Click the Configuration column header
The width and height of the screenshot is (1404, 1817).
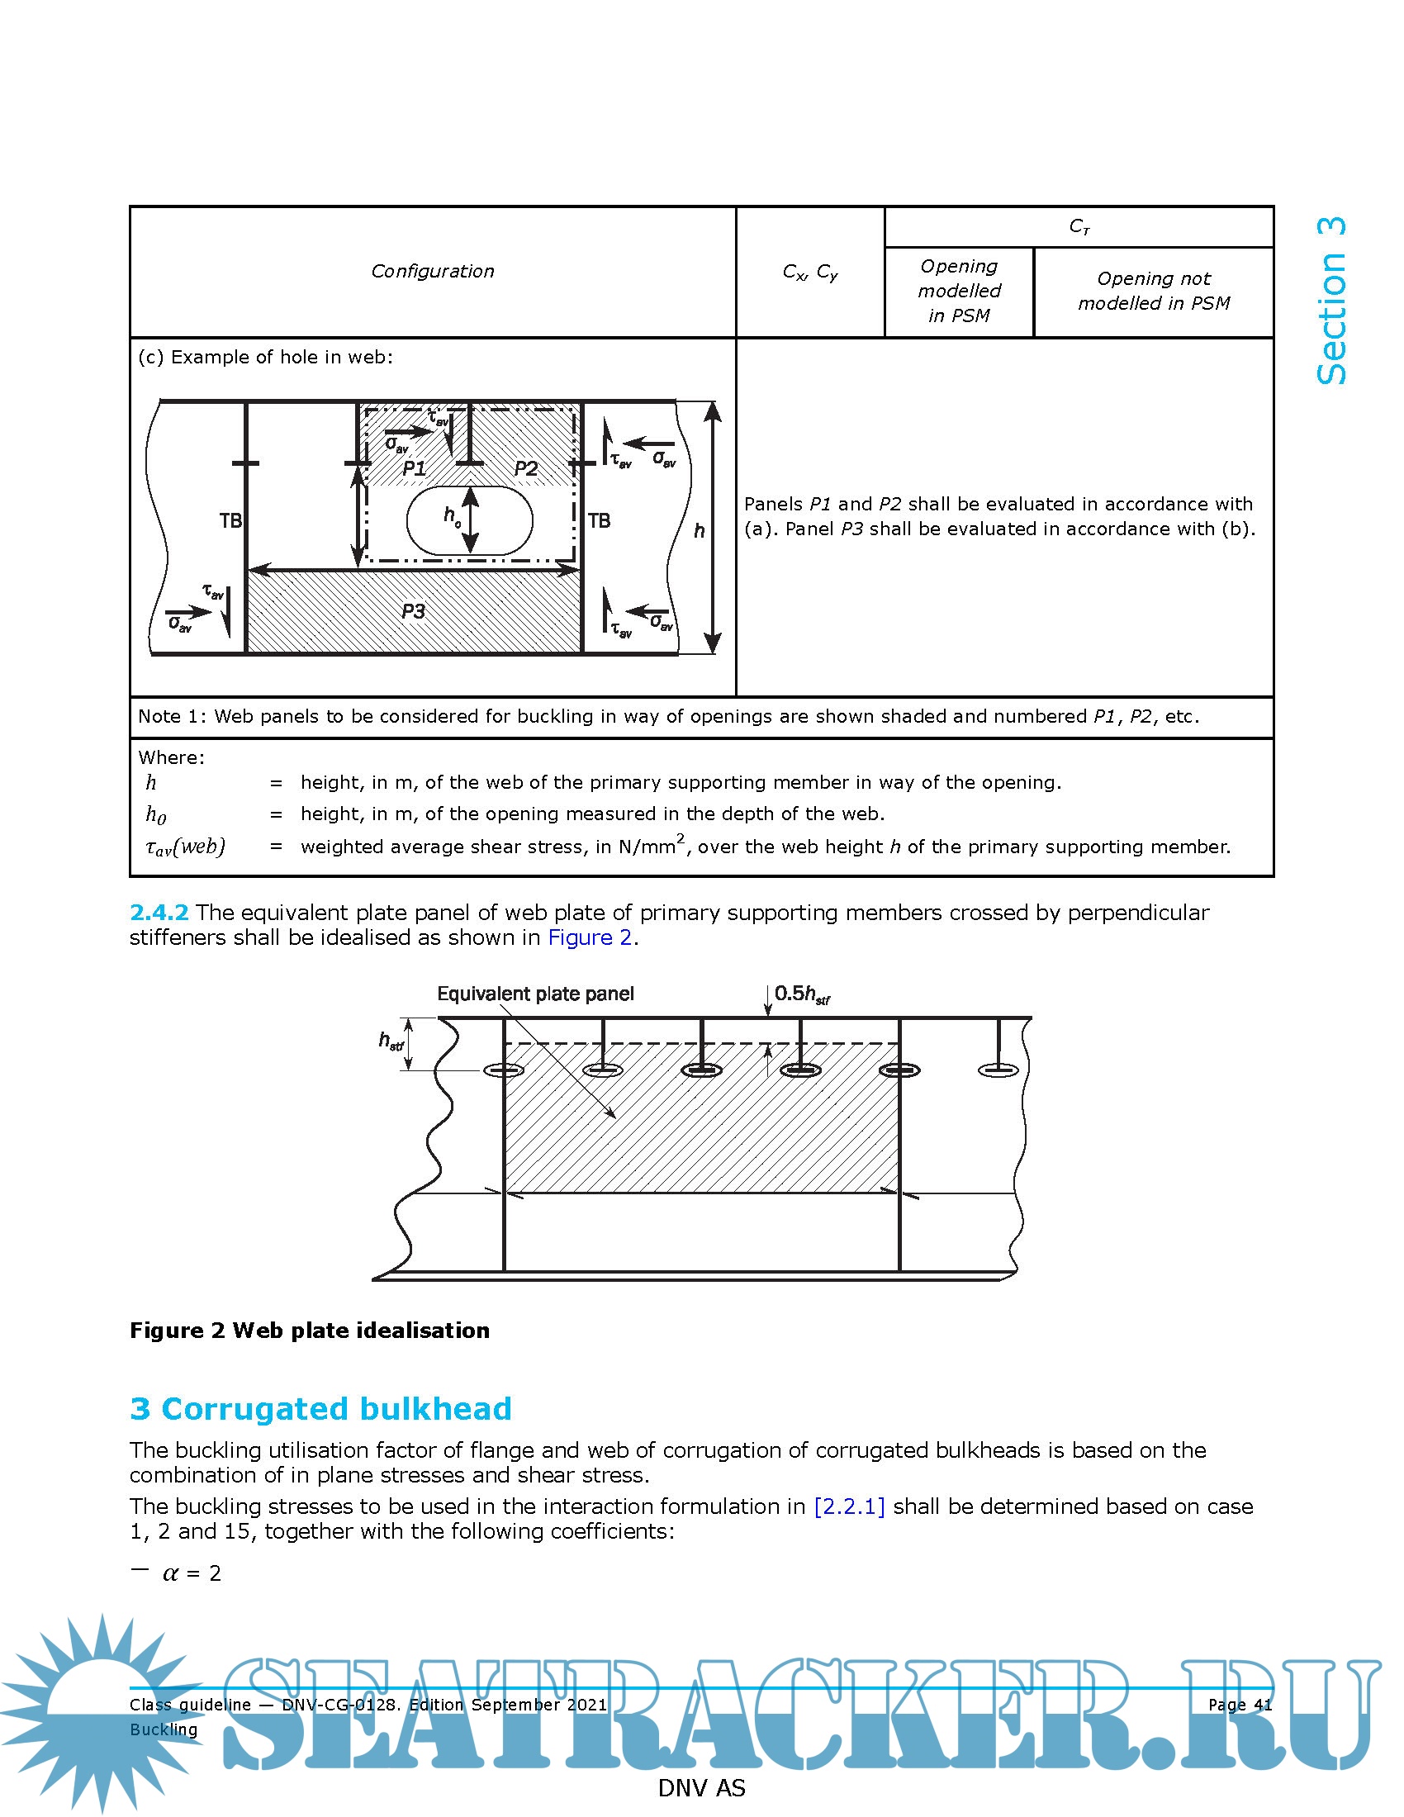point(433,271)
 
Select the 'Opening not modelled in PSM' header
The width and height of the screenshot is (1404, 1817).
point(1154,292)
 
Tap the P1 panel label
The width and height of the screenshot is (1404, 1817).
point(415,468)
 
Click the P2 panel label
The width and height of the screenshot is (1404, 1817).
point(524,468)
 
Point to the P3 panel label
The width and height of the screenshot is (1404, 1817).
point(414,611)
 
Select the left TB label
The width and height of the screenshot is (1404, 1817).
point(230,521)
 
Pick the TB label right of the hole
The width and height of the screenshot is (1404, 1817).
point(599,521)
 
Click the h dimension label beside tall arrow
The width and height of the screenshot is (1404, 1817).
point(699,531)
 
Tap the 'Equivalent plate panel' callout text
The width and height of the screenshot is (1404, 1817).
point(536,994)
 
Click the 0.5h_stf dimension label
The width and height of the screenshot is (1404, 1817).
point(802,994)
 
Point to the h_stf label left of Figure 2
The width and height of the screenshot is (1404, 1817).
point(391,1041)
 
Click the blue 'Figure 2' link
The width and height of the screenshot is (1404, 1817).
point(590,937)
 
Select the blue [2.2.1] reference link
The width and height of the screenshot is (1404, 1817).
point(849,1506)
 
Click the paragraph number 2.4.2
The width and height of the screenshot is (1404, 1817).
point(159,913)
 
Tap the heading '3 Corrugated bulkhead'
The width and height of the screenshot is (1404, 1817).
point(320,1409)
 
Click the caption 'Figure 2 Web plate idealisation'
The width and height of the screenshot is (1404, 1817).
point(310,1331)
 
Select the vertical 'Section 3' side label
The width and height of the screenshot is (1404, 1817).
point(1330,301)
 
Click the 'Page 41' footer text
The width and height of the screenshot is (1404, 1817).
point(1240,1705)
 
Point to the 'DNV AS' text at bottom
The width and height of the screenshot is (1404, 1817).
point(701,1788)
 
